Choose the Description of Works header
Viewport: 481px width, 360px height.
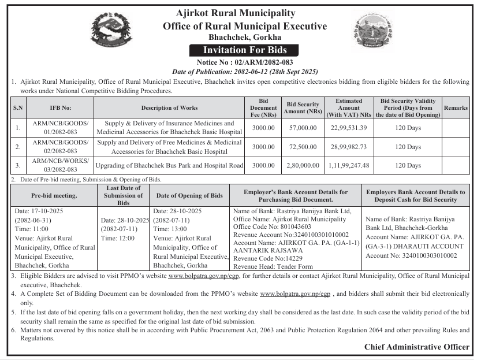169,107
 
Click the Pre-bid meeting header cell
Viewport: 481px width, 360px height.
54,196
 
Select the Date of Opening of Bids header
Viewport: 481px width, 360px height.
189,196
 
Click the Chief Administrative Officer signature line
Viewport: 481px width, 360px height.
417,347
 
